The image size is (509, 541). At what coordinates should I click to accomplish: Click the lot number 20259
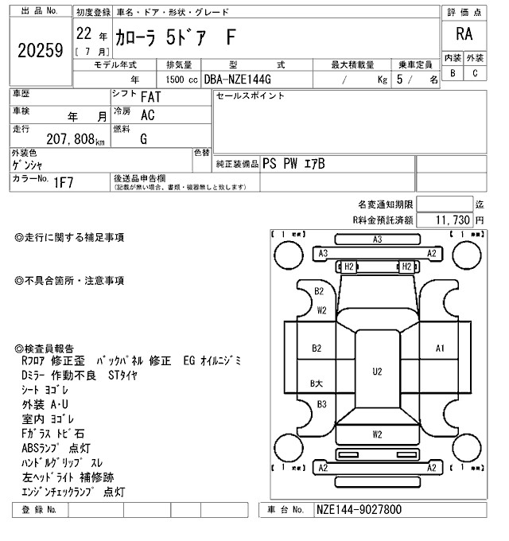coord(39,51)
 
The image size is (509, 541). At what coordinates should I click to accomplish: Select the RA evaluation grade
coord(463,35)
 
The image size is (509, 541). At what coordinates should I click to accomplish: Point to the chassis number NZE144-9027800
coord(359,509)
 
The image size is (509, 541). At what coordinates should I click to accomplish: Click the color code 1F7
coord(64,183)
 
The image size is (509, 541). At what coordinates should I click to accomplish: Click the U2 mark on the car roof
coord(377,371)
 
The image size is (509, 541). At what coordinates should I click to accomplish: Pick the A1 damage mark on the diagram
coord(440,348)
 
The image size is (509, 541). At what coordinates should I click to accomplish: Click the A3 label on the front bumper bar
coord(377,239)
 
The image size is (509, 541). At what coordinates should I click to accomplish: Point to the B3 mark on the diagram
coord(321,404)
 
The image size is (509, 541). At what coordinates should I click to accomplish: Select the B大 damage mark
coord(316,383)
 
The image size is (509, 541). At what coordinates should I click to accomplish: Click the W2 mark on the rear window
coord(377,434)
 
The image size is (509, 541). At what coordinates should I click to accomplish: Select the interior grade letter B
coord(453,73)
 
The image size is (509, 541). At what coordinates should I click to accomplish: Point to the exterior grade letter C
coord(475,73)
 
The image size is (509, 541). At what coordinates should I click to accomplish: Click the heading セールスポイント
coord(251,95)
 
